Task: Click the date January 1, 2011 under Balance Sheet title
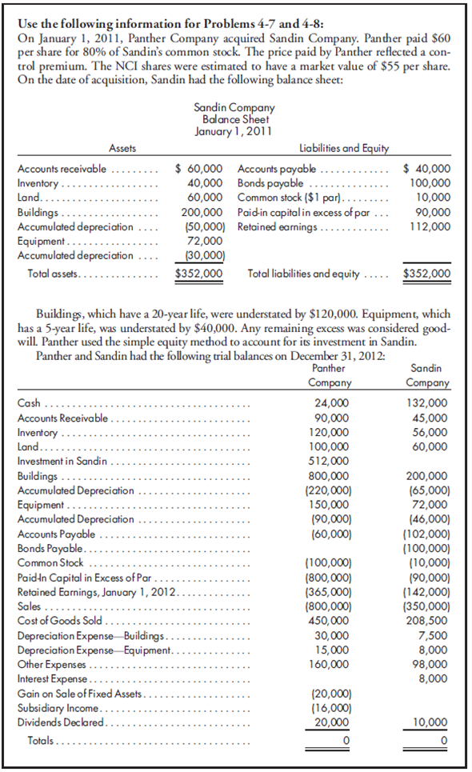pyautogui.click(x=234, y=130)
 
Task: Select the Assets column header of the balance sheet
pyautogui.click(x=122, y=148)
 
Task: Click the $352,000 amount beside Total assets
pyautogui.click(x=198, y=274)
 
